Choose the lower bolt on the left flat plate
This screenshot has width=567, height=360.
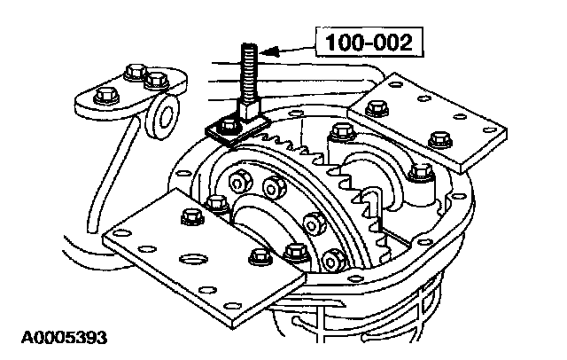(259, 257)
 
